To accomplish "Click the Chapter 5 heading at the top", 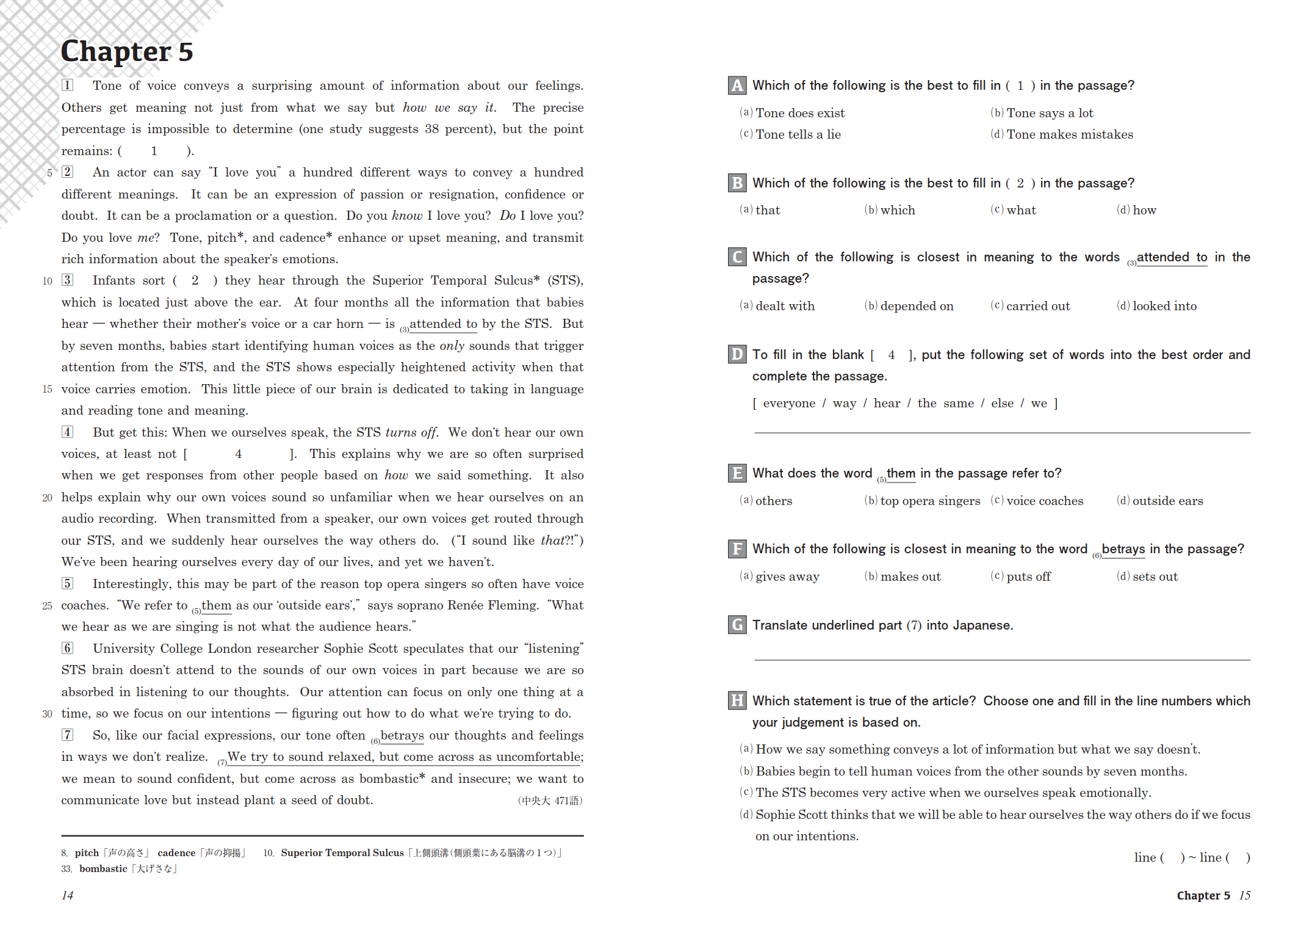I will click(x=127, y=51).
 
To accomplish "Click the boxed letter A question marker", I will click(x=737, y=85).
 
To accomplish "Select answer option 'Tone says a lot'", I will click(x=1049, y=113).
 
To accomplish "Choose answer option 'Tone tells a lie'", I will click(x=798, y=134).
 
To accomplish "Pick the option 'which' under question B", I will click(x=897, y=210).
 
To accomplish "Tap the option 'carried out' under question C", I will click(x=1037, y=306).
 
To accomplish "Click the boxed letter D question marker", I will click(x=737, y=355).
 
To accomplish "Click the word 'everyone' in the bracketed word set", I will click(x=788, y=403).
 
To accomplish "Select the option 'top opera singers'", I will click(x=929, y=501).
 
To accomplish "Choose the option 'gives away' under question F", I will click(x=787, y=576).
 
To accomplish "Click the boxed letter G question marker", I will click(x=737, y=625).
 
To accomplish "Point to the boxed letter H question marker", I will click(x=737, y=701).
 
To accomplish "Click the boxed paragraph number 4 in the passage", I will click(x=67, y=432).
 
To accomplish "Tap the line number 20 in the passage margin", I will click(x=48, y=498).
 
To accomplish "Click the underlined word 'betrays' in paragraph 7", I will click(x=402, y=735).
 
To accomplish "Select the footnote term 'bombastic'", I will click(x=103, y=869).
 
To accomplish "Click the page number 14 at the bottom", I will click(x=67, y=895).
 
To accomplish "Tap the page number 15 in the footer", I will click(x=1245, y=895).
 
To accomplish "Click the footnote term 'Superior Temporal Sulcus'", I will click(x=342, y=853).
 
